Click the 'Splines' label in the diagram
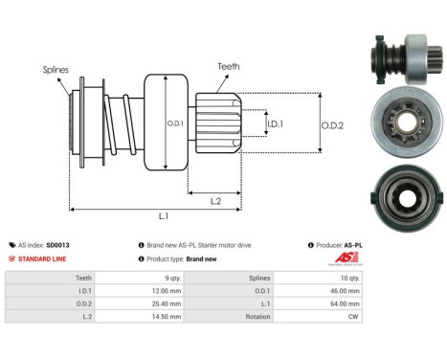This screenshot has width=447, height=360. point(54,69)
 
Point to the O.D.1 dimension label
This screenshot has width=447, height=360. point(175,122)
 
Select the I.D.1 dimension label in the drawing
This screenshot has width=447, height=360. point(275,124)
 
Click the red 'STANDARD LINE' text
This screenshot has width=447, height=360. point(43,259)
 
